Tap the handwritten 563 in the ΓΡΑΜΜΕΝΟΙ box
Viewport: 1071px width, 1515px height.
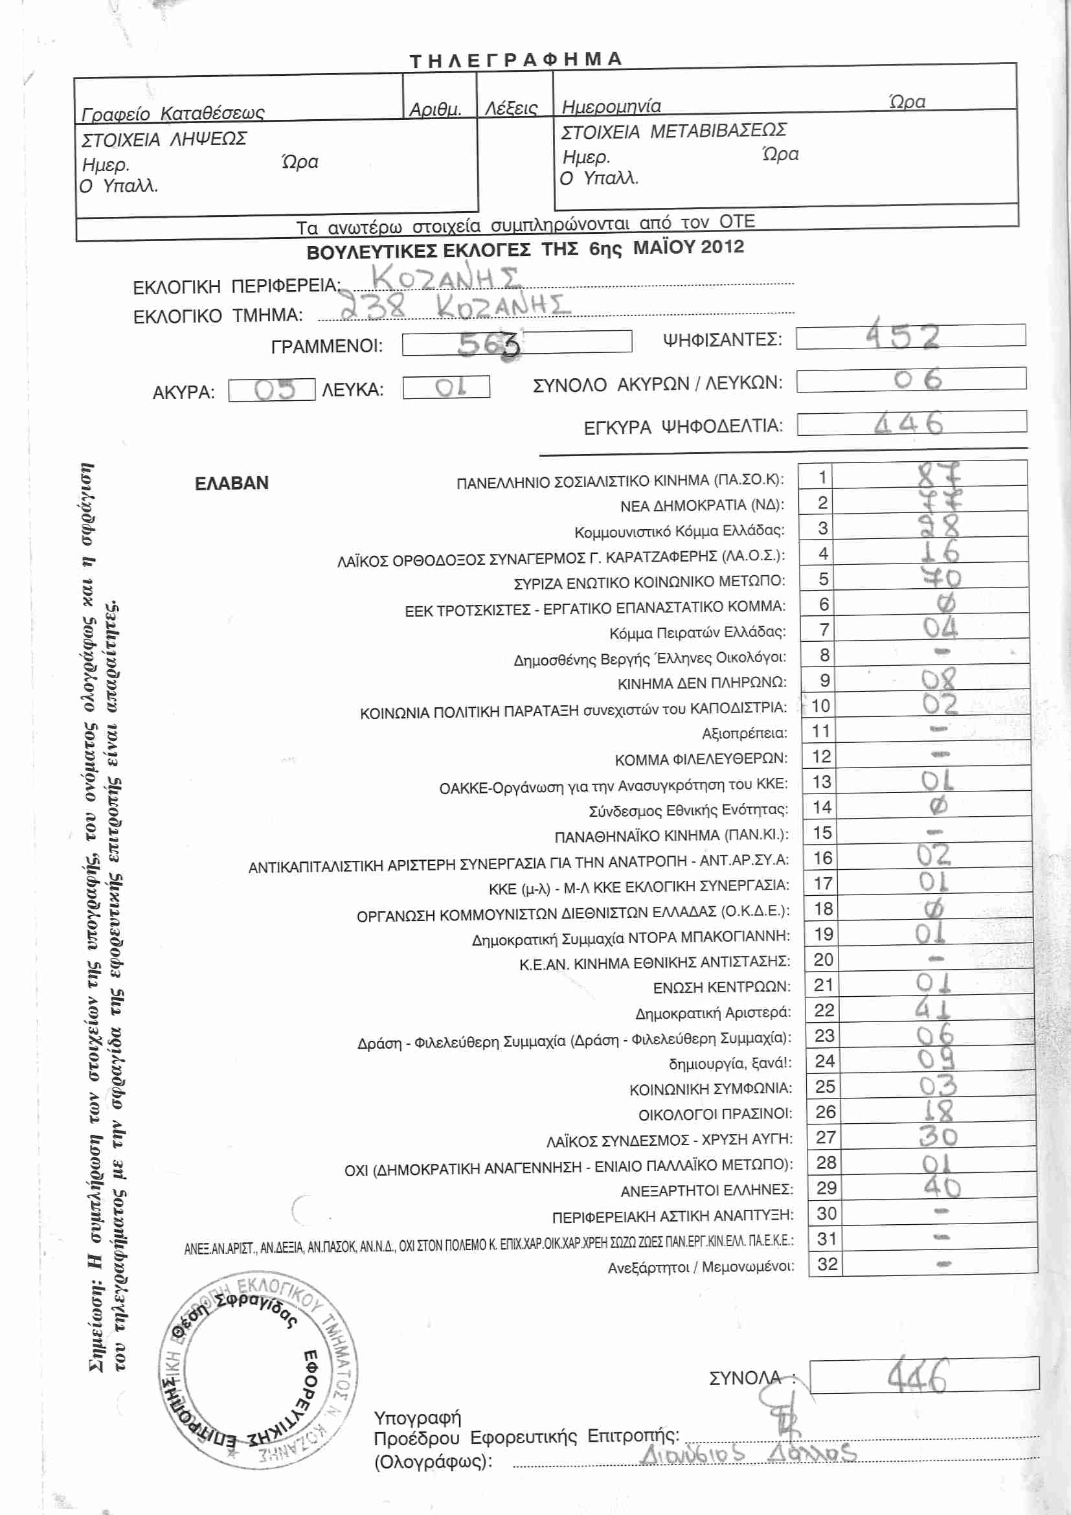pyautogui.click(x=489, y=343)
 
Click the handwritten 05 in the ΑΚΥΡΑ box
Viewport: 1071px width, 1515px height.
pyautogui.click(x=275, y=390)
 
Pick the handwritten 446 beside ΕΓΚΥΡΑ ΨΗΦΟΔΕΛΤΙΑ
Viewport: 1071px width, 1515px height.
pyautogui.click(x=908, y=423)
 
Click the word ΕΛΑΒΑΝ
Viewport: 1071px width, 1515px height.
pyautogui.click(x=231, y=483)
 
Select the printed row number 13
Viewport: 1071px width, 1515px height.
pyautogui.click(x=821, y=782)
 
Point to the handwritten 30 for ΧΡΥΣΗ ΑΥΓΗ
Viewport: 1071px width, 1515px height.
pyautogui.click(x=938, y=1135)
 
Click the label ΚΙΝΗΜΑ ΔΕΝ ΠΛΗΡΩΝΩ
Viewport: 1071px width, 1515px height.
pyautogui.click(x=702, y=683)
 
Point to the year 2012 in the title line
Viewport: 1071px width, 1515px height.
pyautogui.click(x=722, y=247)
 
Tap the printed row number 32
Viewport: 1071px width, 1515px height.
pyautogui.click(x=827, y=1264)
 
